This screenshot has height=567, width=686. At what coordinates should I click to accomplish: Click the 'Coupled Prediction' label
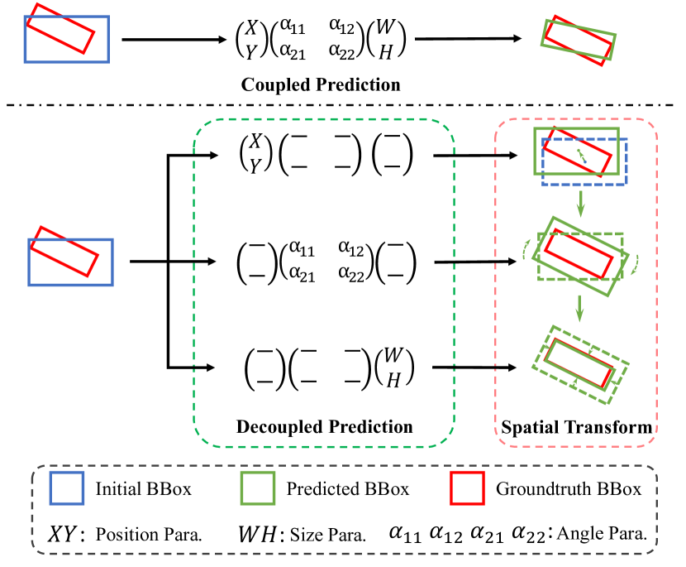tap(321, 85)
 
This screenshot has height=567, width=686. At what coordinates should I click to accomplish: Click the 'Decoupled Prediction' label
tap(324, 427)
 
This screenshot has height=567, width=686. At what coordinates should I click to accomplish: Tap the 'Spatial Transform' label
tap(577, 427)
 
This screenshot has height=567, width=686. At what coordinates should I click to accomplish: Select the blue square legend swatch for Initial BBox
tap(67, 489)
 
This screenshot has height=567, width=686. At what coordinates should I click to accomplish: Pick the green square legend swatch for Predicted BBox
tap(259, 489)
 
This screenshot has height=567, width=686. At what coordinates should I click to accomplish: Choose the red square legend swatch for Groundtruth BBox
tap(467, 489)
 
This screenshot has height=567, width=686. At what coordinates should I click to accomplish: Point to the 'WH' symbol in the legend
tap(262, 532)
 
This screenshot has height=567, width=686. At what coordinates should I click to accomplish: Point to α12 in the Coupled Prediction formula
tap(341, 28)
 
